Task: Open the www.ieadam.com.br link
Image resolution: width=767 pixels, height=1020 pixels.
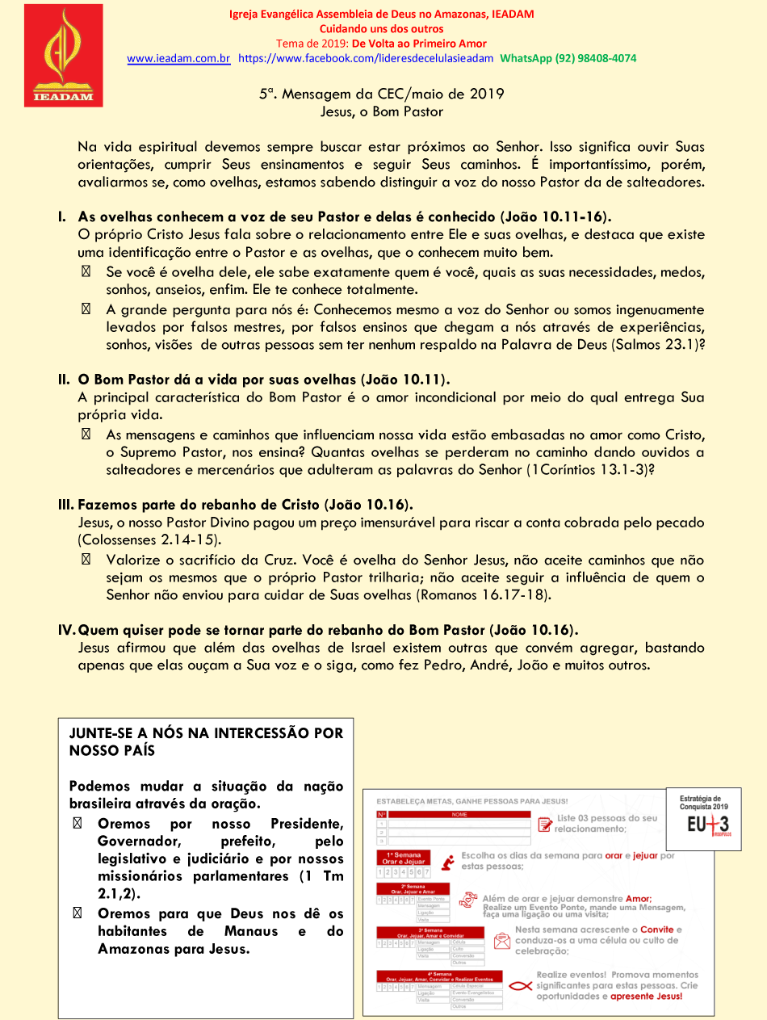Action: pyautogui.click(x=178, y=59)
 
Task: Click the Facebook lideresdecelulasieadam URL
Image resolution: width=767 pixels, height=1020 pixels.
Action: pyautogui.click(x=366, y=59)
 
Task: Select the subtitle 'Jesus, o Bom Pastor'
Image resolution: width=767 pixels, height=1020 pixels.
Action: pyautogui.click(x=382, y=112)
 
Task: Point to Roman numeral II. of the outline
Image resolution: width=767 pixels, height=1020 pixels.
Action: pyautogui.click(x=63, y=380)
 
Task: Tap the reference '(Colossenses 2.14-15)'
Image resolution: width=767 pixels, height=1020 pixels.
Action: pyautogui.click(x=149, y=540)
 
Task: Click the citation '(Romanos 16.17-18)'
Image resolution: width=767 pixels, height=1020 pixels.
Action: pyautogui.click(x=483, y=595)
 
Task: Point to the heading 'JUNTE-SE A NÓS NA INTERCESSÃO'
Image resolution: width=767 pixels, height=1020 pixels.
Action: pyautogui.click(x=206, y=733)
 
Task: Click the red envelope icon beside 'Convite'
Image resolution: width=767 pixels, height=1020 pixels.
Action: pyautogui.click(x=503, y=940)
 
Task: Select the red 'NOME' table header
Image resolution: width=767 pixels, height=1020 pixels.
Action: pyautogui.click(x=459, y=814)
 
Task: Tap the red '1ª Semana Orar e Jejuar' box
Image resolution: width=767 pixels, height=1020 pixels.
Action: pyautogui.click(x=403, y=858)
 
